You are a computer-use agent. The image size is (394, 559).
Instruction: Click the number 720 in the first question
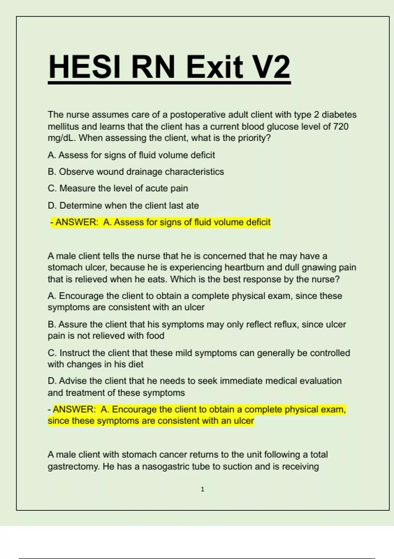pyautogui.click(x=341, y=127)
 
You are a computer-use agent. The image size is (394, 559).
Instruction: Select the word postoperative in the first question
pyautogui.click(x=198, y=115)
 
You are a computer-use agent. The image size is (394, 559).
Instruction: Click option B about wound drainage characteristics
pyautogui.click(x=136, y=172)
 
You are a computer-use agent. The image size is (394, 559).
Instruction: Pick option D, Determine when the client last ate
pyautogui.click(x=123, y=206)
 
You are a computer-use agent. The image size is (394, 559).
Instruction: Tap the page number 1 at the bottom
pyautogui.click(x=202, y=489)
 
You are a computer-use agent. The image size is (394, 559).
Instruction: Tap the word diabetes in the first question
pyautogui.click(x=339, y=115)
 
